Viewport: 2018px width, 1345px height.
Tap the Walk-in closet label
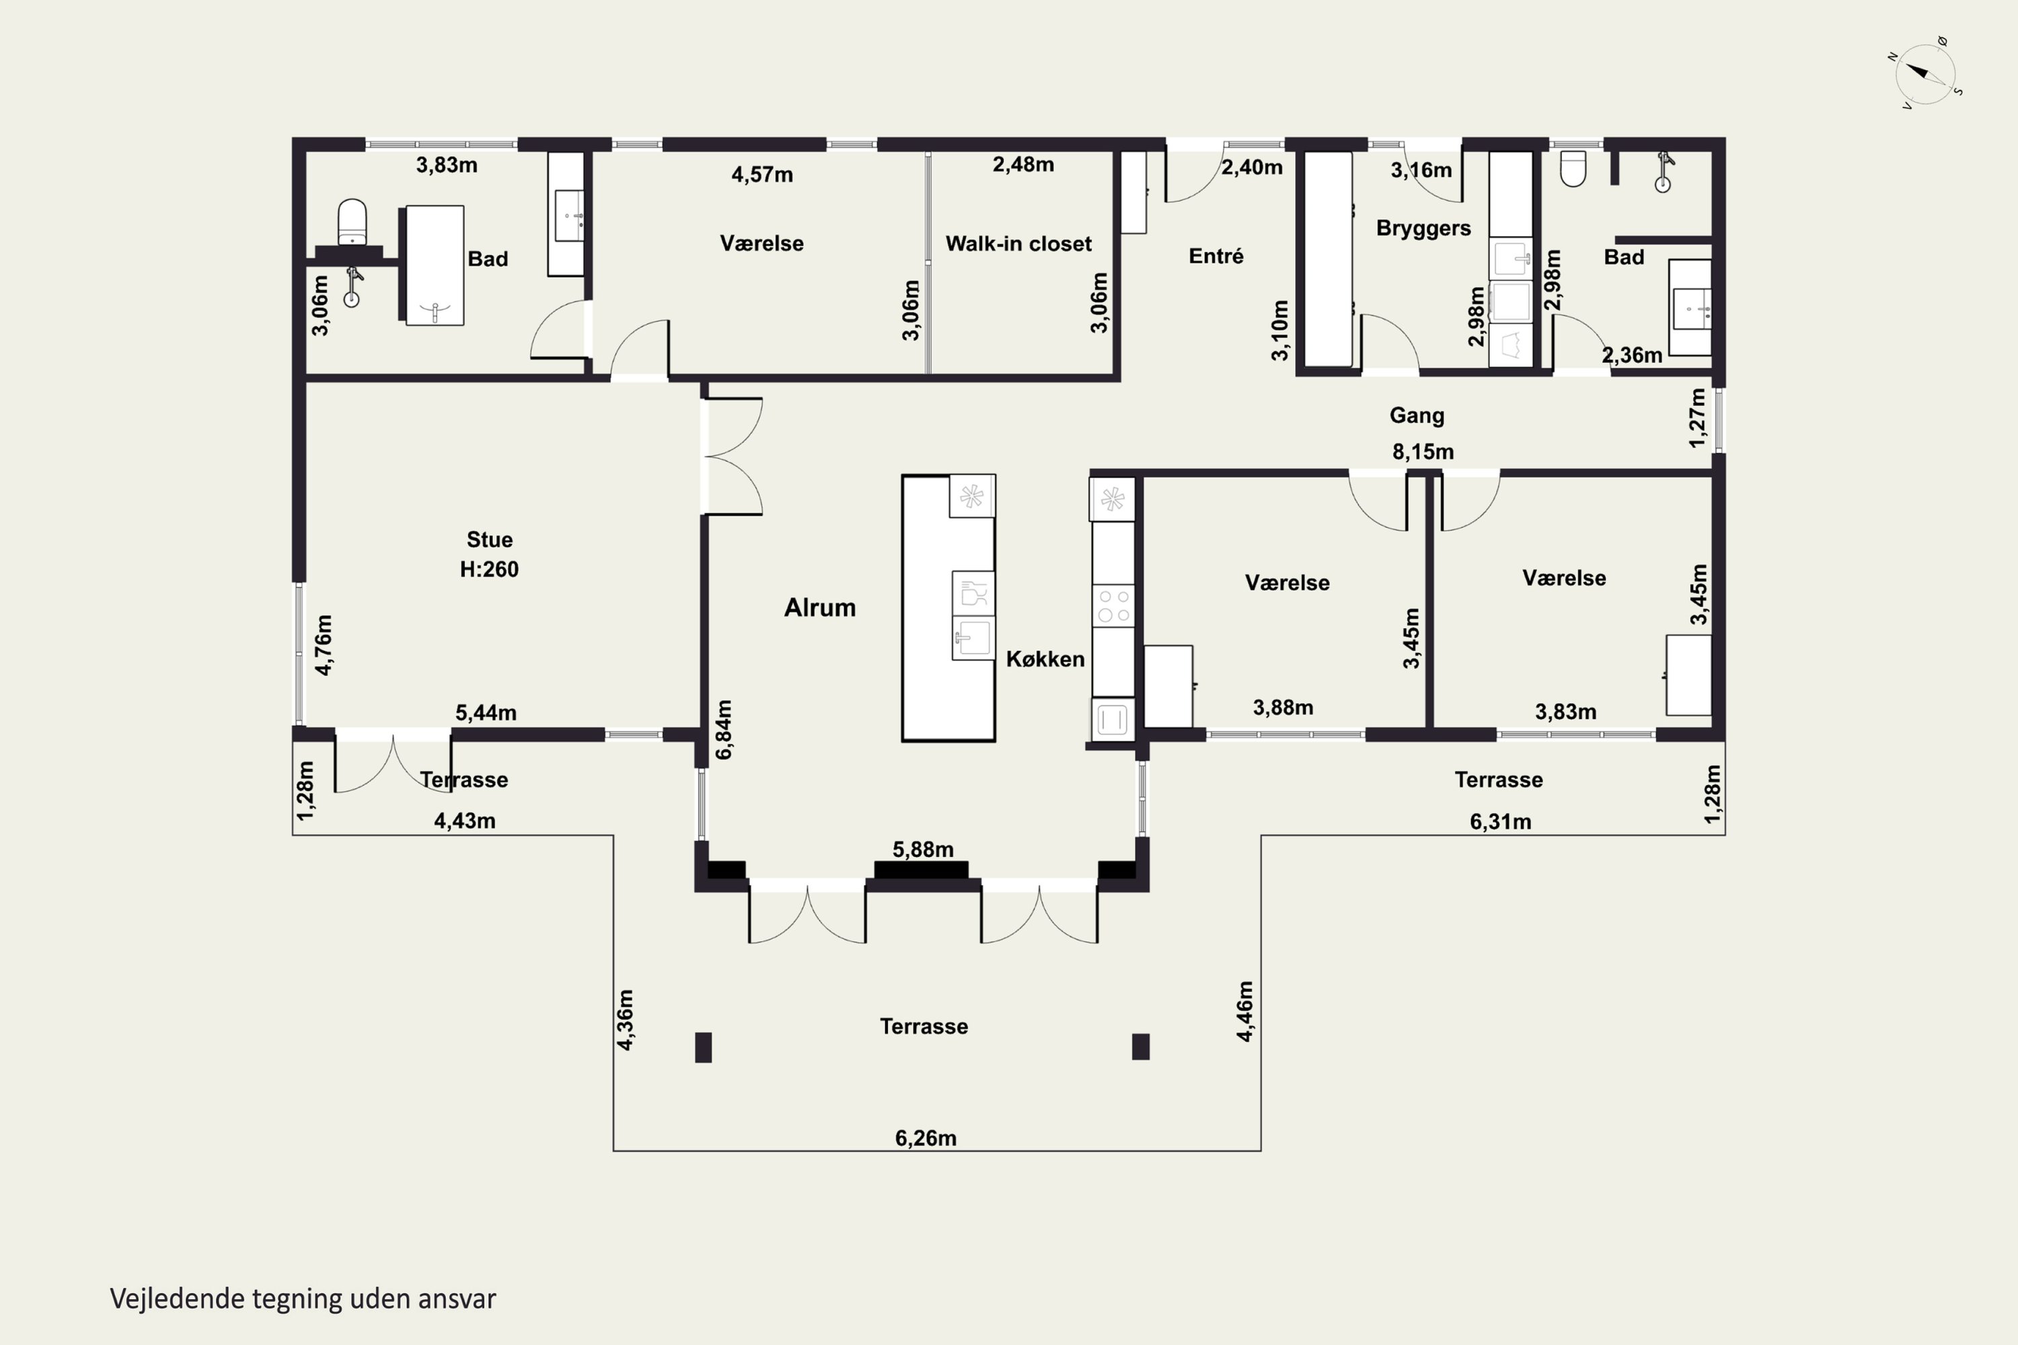coord(1018,243)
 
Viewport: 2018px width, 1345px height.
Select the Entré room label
coord(1216,256)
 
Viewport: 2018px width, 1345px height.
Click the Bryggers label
coord(1423,228)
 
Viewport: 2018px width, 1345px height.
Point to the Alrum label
coord(819,607)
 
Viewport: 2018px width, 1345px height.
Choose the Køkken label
coord(1045,659)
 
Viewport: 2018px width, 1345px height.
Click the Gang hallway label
coord(1417,415)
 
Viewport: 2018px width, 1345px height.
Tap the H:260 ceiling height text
coord(489,569)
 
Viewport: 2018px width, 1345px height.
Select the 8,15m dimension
coord(1423,451)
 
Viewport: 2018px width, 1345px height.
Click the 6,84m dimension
coord(724,729)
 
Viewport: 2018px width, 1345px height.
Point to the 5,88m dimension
coord(922,849)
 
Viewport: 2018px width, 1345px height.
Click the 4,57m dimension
coord(762,175)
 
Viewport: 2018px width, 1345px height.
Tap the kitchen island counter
coord(948,608)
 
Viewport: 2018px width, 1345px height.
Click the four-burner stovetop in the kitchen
coord(1113,605)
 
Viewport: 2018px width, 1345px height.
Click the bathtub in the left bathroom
coord(434,265)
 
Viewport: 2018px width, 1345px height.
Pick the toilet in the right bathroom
coord(1573,168)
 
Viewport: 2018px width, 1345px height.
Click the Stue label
coord(489,539)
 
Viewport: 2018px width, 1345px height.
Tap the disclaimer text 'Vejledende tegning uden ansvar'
coord(303,1299)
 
